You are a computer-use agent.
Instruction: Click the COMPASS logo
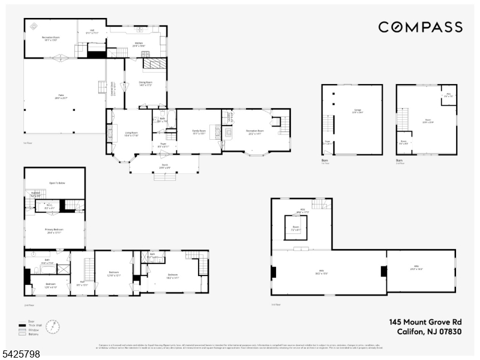click(x=420, y=27)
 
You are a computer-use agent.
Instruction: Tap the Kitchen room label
click(x=138, y=44)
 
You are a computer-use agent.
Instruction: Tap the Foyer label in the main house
click(x=163, y=145)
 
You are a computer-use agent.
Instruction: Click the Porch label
click(x=164, y=167)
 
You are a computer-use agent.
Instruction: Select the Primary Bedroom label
click(x=54, y=230)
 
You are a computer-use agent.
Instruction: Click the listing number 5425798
click(x=22, y=355)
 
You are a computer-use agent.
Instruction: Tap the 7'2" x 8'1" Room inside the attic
click(x=295, y=227)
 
